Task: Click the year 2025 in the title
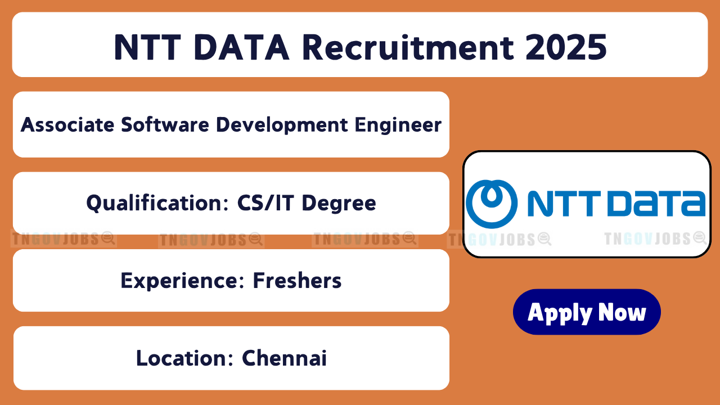coord(566,47)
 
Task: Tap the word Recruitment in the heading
coord(408,47)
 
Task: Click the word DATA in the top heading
coord(242,47)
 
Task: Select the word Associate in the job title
coord(67,125)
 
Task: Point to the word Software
coord(165,125)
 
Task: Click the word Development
coord(282,125)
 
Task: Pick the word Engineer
coord(398,125)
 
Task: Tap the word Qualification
coord(157,203)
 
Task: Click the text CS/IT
coord(265,203)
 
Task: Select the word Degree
coord(339,204)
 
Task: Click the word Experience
coord(183,281)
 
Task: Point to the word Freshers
coord(297,280)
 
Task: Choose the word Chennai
coord(284,358)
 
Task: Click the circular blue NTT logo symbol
coord(492,204)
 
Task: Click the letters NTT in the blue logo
coord(564,204)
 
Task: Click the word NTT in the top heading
coord(147,47)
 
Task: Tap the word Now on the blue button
coord(622,312)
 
